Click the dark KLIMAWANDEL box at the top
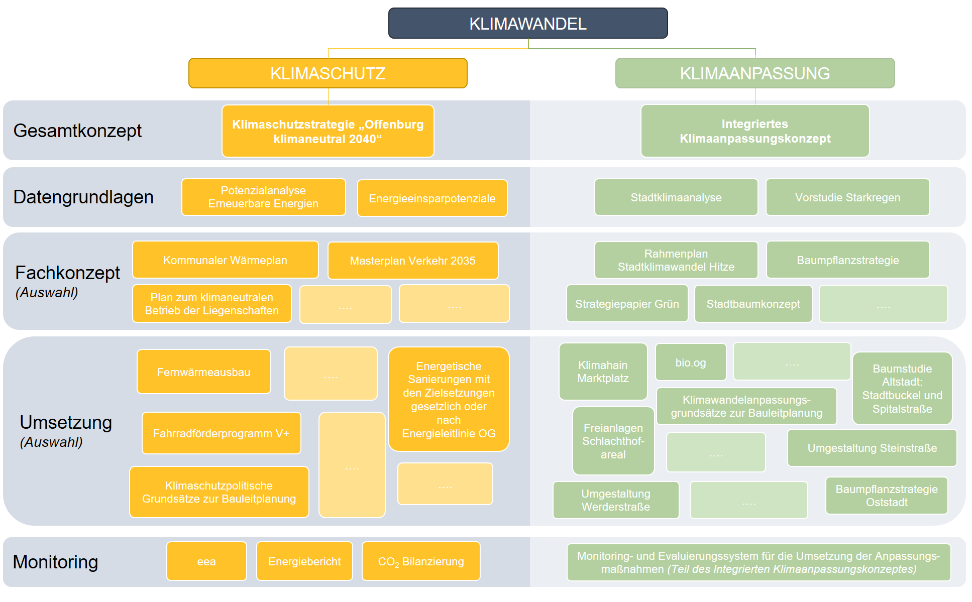click(527, 24)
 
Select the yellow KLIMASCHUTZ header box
click(328, 73)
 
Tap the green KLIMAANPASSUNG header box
click(754, 73)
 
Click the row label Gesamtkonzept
click(77, 131)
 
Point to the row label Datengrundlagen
click(83, 197)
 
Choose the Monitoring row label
click(55, 562)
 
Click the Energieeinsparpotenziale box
click(432, 198)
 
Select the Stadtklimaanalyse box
click(676, 197)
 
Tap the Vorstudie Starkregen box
click(847, 197)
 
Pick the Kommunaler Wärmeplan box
click(225, 260)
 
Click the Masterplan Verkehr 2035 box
click(412, 261)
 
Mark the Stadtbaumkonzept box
click(753, 304)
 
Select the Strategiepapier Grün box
click(627, 304)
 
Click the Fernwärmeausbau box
click(203, 372)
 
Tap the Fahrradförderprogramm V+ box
click(221, 433)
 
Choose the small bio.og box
click(691, 363)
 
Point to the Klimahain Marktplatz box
click(603, 372)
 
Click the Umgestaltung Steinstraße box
click(872, 448)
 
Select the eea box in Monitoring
click(206, 561)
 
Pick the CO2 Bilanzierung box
click(421, 561)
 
